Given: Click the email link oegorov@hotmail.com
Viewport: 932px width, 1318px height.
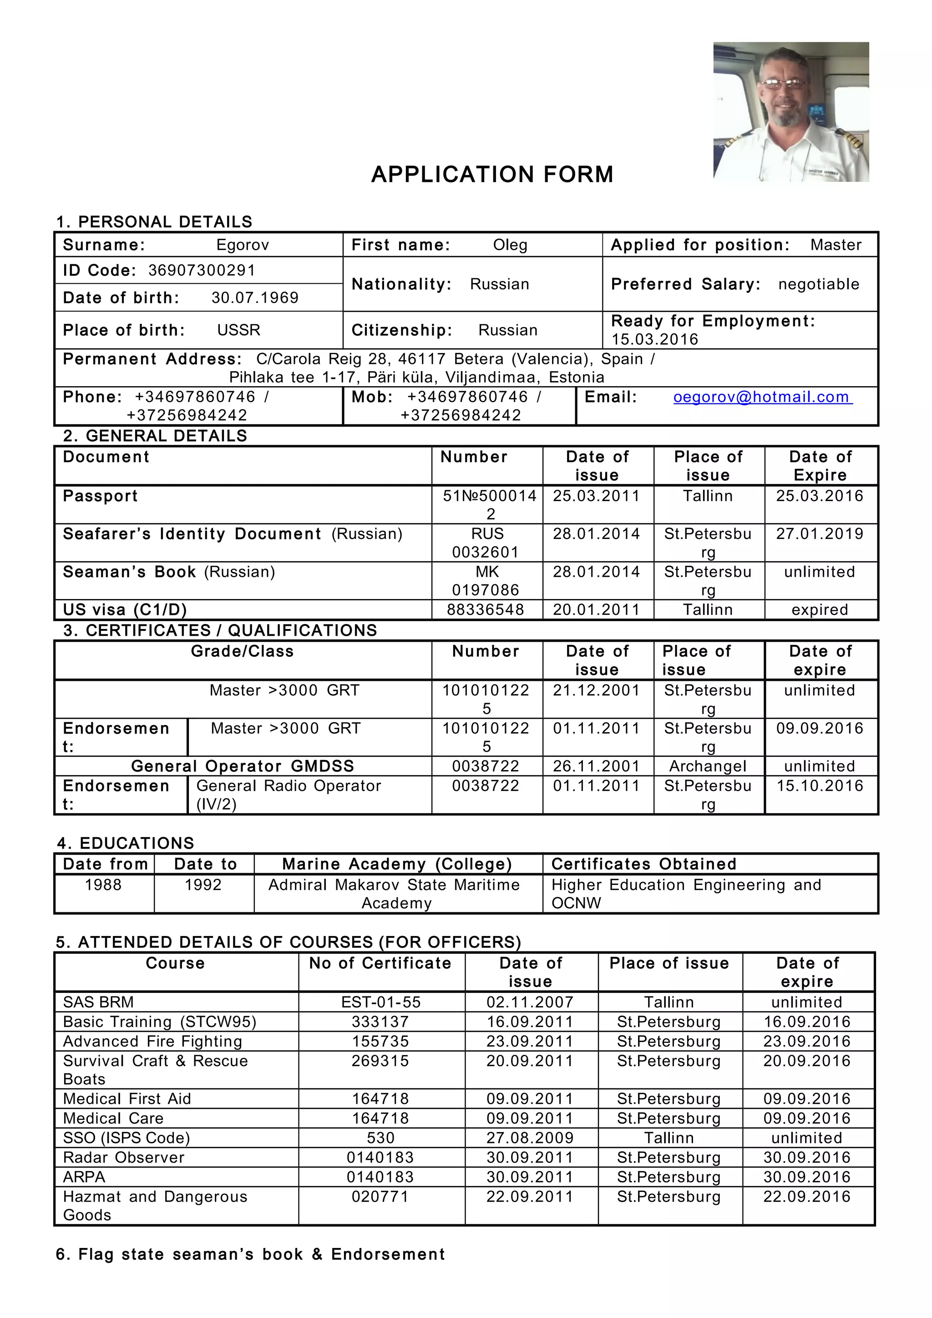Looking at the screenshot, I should [762, 397].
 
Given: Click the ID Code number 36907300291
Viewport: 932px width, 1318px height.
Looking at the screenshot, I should [202, 270].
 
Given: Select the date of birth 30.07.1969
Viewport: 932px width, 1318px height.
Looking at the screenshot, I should [255, 297].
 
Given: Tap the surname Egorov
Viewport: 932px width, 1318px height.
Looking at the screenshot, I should [243, 245].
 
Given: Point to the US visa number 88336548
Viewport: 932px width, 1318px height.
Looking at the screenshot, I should [485, 609].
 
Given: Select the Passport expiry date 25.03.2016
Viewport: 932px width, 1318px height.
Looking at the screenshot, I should [820, 496].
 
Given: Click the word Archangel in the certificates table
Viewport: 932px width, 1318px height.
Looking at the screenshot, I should [708, 766].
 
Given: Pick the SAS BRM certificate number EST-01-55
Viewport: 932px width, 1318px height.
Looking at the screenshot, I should [381, 1002].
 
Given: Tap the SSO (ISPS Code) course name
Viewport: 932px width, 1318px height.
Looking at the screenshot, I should [127, 1138].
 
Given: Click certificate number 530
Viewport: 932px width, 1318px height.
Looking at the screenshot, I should [381, 1138].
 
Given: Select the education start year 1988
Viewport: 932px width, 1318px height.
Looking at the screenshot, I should [103, 885].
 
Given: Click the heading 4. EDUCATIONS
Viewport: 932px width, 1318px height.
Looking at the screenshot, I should [126, 843].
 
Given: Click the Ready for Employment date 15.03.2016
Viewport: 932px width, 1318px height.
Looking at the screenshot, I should [655, 339].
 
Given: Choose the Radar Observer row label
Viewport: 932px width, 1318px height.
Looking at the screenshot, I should [123, 1157].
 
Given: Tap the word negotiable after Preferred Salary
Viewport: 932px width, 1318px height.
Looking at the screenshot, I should [818, 284].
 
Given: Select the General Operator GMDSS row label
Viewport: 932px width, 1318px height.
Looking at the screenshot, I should [243, 766].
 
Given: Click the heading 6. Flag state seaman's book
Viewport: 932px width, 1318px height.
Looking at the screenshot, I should [250, 1254].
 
